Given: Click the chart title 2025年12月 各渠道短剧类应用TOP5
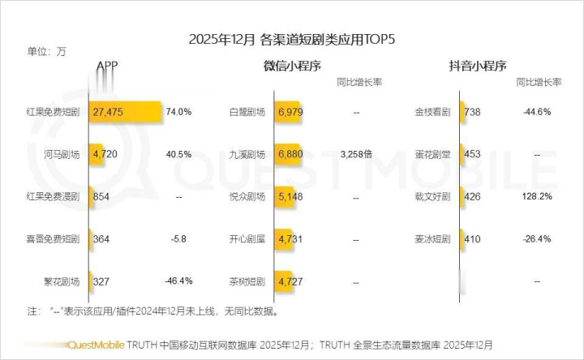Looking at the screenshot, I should click(291, 39).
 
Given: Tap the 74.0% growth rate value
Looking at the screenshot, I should click(178, 112).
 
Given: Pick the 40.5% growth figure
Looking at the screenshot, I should click(178, 154).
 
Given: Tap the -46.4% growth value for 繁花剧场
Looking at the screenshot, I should click(178, 281).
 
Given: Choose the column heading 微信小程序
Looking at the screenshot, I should click(293, 66).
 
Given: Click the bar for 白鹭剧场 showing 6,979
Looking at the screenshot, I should click(289, 112).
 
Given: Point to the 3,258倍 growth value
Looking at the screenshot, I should click(356, 154).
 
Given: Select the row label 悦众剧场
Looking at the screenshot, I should click(248, 197).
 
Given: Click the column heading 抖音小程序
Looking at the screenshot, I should click(478, 66).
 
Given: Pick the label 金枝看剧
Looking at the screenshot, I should click(432, 112).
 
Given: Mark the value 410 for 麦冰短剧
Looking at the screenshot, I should click(473, 239).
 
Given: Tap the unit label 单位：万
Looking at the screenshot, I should click(46, 53).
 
